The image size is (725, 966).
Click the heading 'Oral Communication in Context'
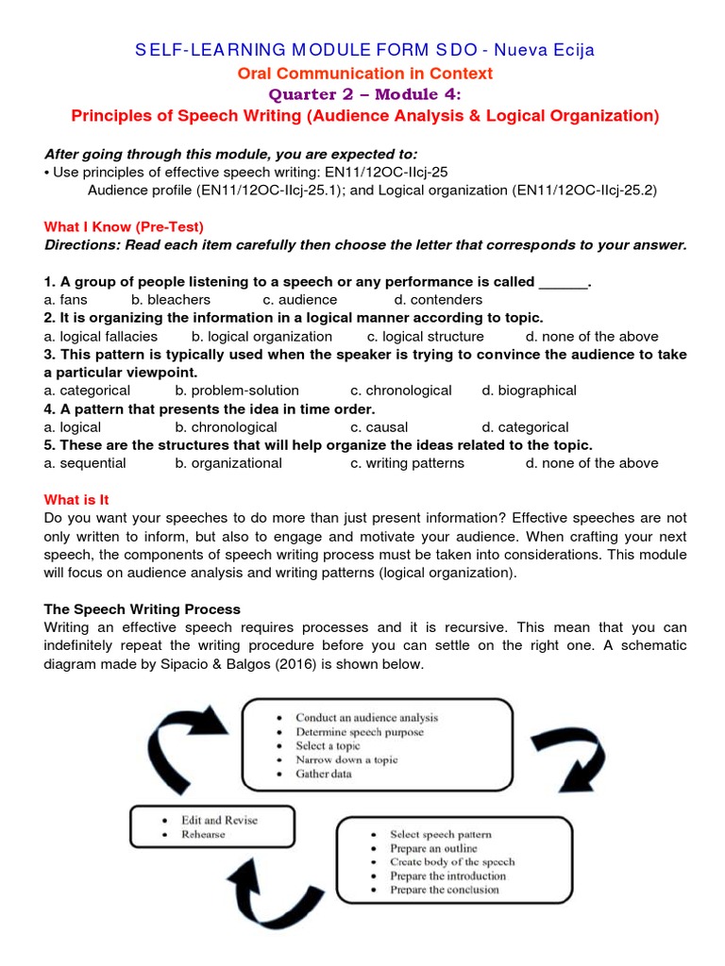(x=362, y=73)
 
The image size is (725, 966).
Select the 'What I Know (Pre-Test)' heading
(x=124, y=227)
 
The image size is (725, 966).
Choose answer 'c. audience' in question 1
(x=297, y=300)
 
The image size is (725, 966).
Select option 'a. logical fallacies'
(x=101, y=337)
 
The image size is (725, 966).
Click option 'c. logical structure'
(x=425, y=337)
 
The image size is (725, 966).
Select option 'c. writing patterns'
(x=407, y=463)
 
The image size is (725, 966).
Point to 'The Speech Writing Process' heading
(x=143, y=609)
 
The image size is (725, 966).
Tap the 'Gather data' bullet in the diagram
(x=327, y=774)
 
